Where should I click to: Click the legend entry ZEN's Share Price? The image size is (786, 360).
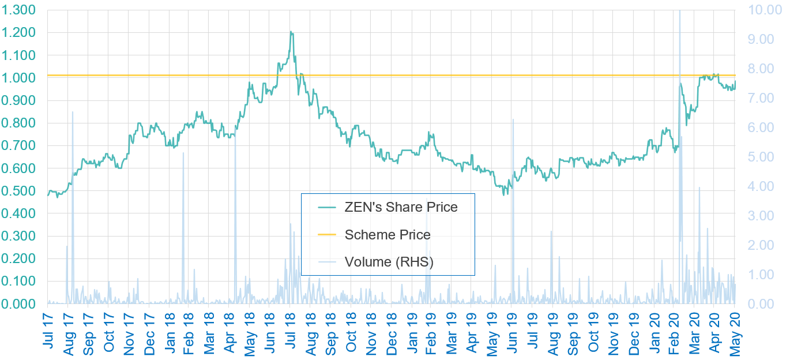point(401,207)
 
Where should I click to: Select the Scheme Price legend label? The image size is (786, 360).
point(388,235)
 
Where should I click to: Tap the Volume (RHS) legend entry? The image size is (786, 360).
point(389,262)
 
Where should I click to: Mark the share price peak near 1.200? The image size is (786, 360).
point(291,32)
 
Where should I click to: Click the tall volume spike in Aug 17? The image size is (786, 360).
point(73,112)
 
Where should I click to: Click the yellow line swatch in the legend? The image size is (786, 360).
point(326,235)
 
